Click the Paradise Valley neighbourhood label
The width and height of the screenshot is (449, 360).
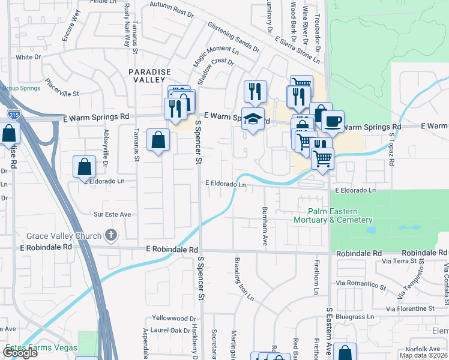(146, 76)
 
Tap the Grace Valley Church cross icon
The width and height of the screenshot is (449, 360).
(110, 235)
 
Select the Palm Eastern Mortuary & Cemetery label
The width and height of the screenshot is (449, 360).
(341, 215)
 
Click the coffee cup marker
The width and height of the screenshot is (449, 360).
(332, 120)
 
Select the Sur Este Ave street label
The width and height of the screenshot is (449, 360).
(111, 214)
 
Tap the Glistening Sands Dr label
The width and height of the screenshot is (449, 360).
(233, 36)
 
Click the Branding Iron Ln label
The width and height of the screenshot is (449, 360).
(244, 279)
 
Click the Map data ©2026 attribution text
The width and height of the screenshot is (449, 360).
(423, 355)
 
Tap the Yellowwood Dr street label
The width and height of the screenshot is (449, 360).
(174, 319)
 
